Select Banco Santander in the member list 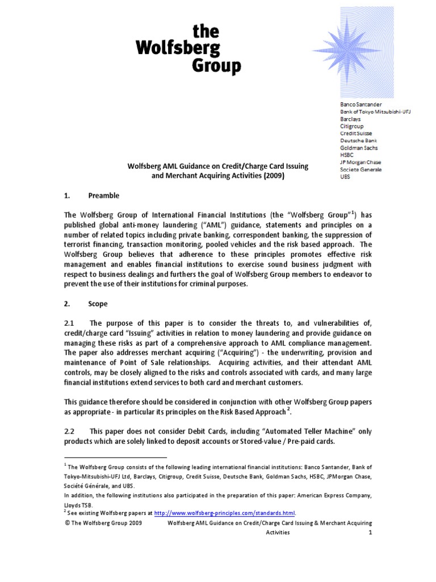pyautogui.click(x=361, y=105)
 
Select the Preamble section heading pyautogui.click(x=103, y=196)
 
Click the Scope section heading pyautogui.click(x=98, y=304)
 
